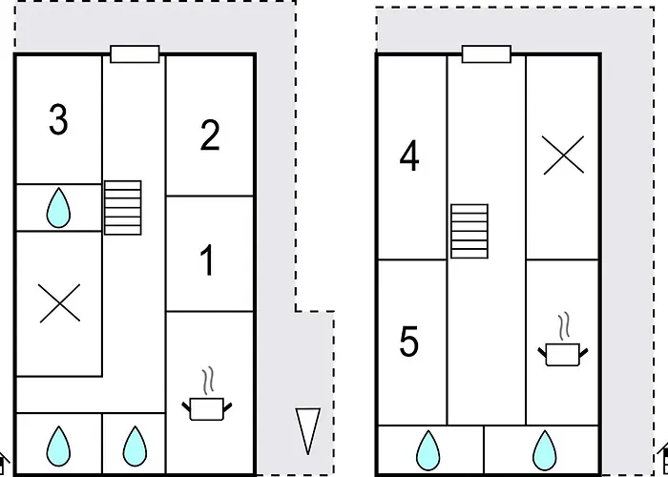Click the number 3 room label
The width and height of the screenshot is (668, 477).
[x=58, y=121]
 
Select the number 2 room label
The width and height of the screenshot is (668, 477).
[x=210, y=136]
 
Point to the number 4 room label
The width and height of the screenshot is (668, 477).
[x=409, y=157]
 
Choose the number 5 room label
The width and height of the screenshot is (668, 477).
[x=409, y=342]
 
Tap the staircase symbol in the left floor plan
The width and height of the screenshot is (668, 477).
[x=122, y=207]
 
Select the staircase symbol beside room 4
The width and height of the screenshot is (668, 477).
[x=470, y=230]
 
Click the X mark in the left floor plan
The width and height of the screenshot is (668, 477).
[x=58, y=303]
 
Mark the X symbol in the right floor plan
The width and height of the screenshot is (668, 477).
[x=563, y=155]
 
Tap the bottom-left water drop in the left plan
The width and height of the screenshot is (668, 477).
[x=58, y=445]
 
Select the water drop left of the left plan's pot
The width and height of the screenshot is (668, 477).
[x=134, y=445]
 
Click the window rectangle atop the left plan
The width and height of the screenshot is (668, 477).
[x=135, y=53]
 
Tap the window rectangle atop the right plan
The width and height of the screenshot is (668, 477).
[x=487, y=53]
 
